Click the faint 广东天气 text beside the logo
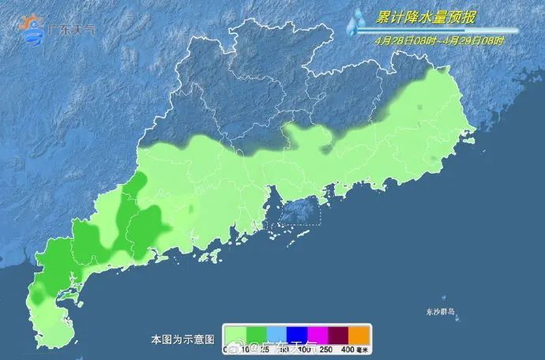(73, 29)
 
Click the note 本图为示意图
(182, 339)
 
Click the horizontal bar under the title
(438, 31)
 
